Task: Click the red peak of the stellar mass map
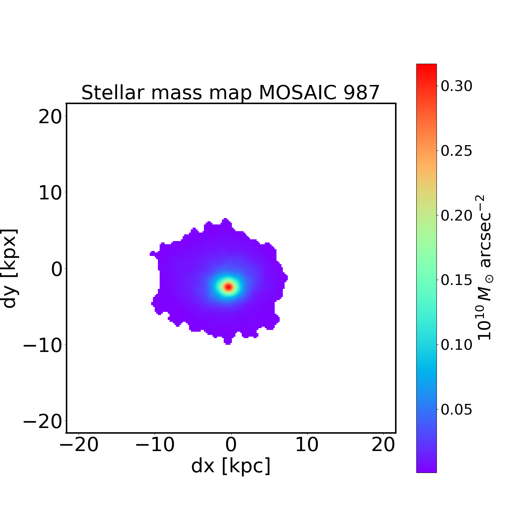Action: click(x=228, y=287)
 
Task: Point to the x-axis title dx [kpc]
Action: click(x=231, y=466)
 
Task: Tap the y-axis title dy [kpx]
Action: click(x=10, y=268)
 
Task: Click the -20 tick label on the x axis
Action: click(x=79, y=445)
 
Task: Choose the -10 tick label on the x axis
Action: click(x=155, y=445)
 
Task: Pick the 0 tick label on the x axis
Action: click(x=231, y=445)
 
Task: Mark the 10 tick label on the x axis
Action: click(x=307, y=445)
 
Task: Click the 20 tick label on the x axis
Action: click(x=383, y=445)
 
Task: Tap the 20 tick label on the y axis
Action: click(x=50, y=116)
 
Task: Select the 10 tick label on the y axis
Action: click(x=50, y=193)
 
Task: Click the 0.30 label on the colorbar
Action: click(x=456, y=86)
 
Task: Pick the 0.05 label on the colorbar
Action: click(x=456, y=410)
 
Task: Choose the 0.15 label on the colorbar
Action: click(x=456, y=280)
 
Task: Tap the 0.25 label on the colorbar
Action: click(x=456, y=151)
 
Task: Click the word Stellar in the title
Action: click(x=113, y=93)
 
